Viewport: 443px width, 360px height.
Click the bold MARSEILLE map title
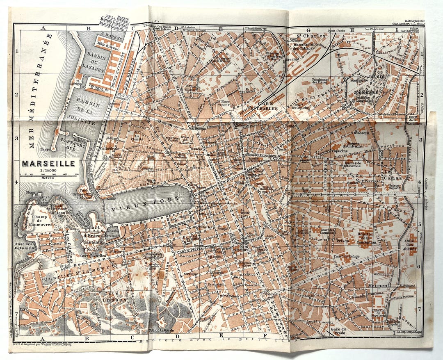pyautogui.click(x=48, y=163)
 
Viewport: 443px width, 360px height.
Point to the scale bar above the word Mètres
pyautogui.click(x=48, y=175)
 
